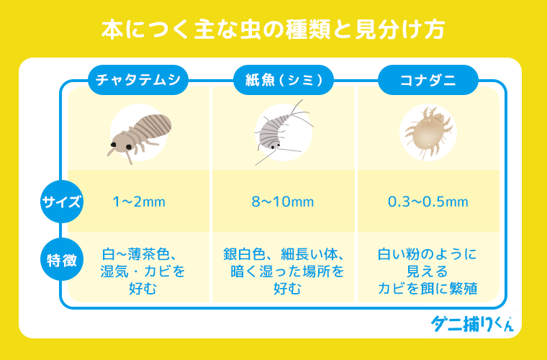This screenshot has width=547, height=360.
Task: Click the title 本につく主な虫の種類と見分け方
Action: (x=273, y=30)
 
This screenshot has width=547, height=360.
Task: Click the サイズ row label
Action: (x=61, y=202)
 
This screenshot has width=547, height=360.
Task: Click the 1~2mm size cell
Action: (x=139, y=202)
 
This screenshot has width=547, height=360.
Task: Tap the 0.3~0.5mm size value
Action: (x=428, y=202)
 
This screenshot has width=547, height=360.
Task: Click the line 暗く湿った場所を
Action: (x=283, y=272)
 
